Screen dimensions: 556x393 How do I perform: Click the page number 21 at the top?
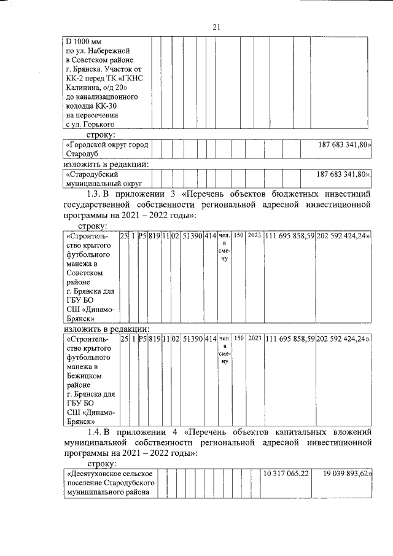tap(216, 27)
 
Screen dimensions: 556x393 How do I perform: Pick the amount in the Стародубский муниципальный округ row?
tap(343, 174)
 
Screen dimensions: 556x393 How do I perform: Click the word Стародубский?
tap(90, 174)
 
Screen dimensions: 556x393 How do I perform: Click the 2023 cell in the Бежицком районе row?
tap(255, 338)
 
